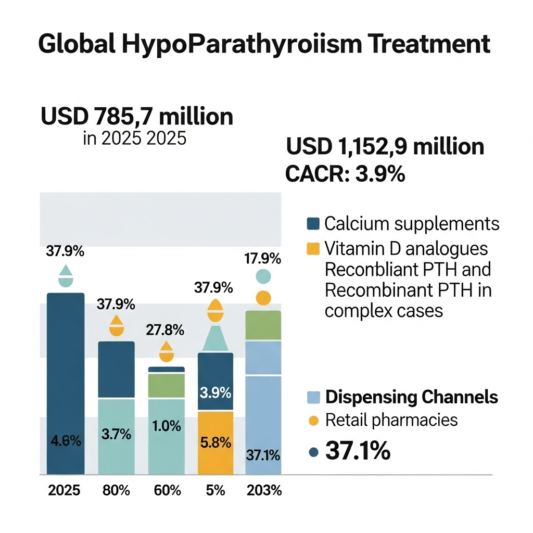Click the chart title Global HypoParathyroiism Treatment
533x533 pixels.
pos(264,45)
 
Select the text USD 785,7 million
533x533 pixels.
pos(137,116)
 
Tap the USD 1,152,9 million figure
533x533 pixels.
pos(385,147)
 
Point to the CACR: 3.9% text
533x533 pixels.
pos(345,174)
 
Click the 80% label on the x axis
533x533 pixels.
pos(116,491)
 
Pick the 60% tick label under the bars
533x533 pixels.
pos(167,491)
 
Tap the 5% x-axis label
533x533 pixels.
pos(215,491)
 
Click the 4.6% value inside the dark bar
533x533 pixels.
pos(66,442)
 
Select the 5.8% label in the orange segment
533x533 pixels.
pos(215,443)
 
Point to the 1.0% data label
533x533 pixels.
pos(167,426)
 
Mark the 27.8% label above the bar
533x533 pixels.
pos(167,330)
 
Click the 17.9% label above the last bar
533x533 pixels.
pos(263,259)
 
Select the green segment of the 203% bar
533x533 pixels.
pos(263,325)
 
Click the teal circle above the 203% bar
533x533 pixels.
pos(263,276)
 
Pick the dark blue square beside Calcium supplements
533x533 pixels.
pos(312,224)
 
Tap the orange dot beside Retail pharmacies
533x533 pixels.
pos(312,421)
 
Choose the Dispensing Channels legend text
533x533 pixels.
pos(411,398)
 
